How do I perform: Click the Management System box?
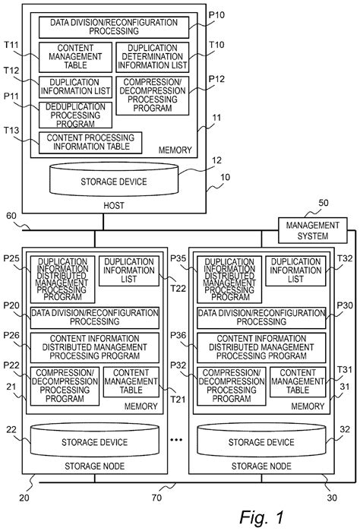pos(311,230)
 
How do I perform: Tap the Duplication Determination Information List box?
pos(150,55)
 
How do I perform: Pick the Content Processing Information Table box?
pos(90,141)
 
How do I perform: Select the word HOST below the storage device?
pos(112,206)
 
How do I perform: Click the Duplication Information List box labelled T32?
pos(297,271)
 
